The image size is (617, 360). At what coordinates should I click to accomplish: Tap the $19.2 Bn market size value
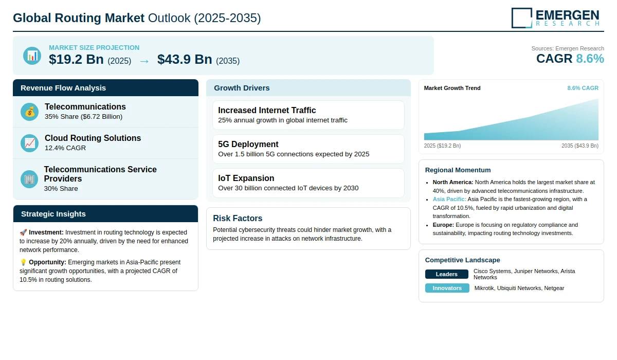click(x=76, y=59)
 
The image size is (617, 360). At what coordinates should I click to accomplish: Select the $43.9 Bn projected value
click(x=185, y=59)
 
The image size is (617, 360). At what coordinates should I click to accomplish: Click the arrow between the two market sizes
click(x=144, y=61)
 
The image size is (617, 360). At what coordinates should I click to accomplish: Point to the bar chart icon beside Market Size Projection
click(x=32, y=56)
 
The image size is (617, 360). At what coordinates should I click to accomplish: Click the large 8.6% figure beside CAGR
click(x=590, y=59)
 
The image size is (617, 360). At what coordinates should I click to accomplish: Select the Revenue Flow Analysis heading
click(x=63, y=88)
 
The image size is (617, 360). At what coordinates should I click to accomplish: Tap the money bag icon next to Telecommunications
click(x=29, y=112)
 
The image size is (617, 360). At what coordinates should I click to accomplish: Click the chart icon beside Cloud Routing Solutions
click(x=29, y=143)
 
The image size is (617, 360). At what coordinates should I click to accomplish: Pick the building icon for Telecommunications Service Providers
click(x=29, y=179)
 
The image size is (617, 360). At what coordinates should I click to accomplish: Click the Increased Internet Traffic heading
click(x=267, y=110)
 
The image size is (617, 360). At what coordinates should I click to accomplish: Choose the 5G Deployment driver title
click(x=248, y=144)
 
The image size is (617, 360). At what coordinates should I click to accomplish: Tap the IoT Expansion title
click(x=246, y=178)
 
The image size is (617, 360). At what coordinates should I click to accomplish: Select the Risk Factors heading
click(x=238, y=218)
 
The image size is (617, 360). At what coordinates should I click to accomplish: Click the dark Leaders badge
click(x=446, y=274)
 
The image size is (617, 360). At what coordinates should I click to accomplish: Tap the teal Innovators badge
click(x=447, y=288)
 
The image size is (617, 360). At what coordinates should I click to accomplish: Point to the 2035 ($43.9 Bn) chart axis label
click(x=580, y=146)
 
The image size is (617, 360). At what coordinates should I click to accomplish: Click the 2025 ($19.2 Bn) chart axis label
click(x=442, y=146)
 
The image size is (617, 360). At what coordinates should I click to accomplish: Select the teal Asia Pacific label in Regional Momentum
click(x=449, y=199)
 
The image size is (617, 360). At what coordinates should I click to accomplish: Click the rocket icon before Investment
click(x=23, y=232)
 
